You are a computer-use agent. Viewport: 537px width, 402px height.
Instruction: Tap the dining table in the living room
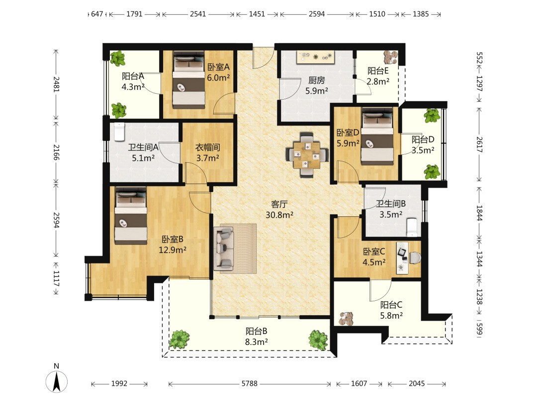click(307, 154)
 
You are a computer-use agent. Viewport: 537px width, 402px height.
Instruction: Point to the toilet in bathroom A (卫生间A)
click(119, 132)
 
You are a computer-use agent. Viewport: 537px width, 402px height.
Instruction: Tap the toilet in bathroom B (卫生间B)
click(412, 227)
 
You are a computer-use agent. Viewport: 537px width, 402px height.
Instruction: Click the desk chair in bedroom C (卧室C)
click(414, 258)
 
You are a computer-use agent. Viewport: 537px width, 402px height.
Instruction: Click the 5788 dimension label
click(249, 384)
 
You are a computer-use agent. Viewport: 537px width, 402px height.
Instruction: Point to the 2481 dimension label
click(56, 84)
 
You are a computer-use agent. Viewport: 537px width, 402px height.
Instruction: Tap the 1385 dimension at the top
click(421, 14)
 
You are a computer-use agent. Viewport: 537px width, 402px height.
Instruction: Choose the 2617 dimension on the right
click(479, 144)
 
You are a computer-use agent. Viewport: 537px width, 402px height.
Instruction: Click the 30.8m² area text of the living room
click(279, 215)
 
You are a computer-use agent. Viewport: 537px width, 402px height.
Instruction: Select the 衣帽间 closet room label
click(207, 147)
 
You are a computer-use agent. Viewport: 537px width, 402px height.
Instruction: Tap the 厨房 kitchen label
click(316, 80)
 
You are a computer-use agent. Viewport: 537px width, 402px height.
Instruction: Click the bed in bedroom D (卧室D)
click(377, 137)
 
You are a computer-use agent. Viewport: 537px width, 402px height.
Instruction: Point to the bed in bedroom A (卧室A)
click(188, 80)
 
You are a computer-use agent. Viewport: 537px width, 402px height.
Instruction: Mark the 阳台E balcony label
click(378, 70)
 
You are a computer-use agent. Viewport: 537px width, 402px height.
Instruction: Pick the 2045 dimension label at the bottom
click(417, 384)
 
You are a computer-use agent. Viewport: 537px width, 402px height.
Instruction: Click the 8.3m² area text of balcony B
click(256, 341)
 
